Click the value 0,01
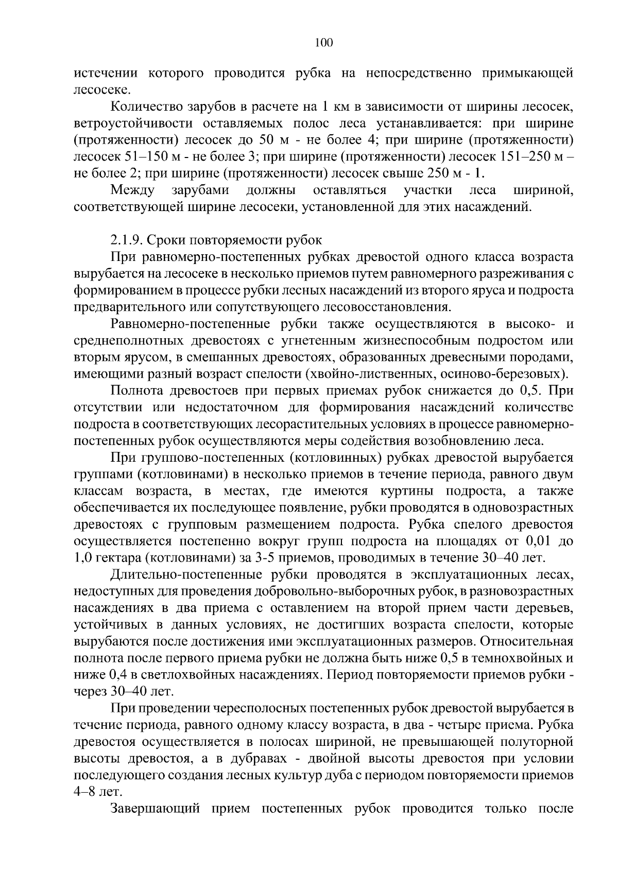[539, 541]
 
